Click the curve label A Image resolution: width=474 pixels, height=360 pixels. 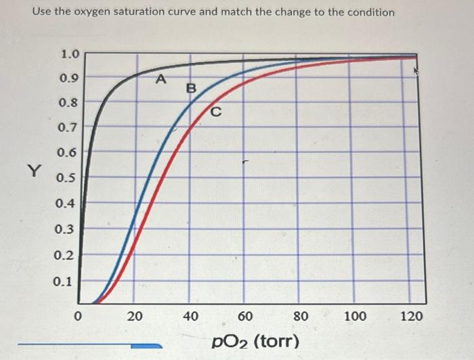coord(160,79)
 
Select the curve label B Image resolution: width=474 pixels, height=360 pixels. coord(190,88)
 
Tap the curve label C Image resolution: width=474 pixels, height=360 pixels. coord(216,111)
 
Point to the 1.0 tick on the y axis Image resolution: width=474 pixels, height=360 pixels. coord(70,53)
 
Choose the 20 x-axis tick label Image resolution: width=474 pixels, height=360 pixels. coord(135,315)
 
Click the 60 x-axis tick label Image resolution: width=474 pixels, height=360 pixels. coord(245,315)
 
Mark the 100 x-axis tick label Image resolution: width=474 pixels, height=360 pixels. coord(355,315)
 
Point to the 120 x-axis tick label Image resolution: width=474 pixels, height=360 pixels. coord(411,315)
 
